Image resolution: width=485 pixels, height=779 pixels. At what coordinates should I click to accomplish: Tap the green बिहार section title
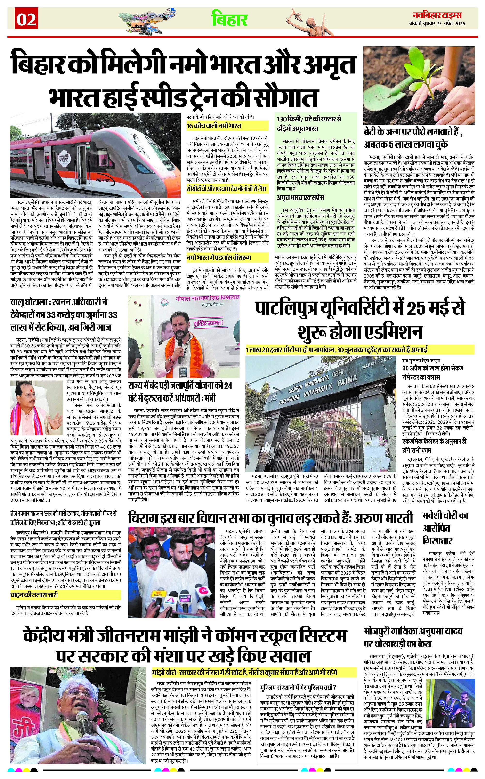(x=229, y=19)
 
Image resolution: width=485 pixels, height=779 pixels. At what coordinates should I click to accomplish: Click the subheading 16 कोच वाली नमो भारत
(x=214, y=126)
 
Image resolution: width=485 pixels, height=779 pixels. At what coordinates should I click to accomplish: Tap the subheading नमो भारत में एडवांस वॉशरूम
(x=219, y=257)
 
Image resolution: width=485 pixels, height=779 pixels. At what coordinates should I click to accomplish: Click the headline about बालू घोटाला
(x=64, y=315)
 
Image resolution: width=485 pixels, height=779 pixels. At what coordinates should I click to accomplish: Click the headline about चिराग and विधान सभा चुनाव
(x=270, y=518)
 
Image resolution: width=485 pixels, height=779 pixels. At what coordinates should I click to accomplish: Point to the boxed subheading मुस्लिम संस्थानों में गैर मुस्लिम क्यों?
(x=298, y=688)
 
